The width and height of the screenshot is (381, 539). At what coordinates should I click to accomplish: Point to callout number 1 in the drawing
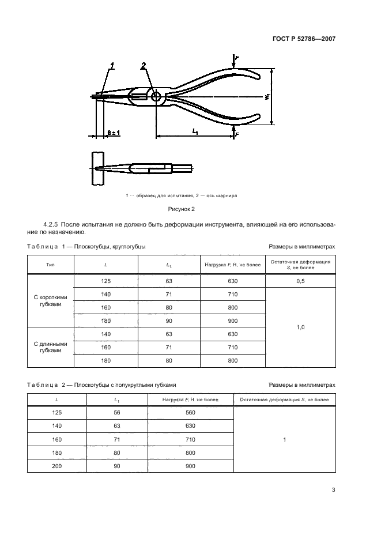click(x=113, y=66)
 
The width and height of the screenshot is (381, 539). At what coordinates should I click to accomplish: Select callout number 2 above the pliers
click(x=144, y=66)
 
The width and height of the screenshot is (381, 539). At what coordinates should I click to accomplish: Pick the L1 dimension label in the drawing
click(x=195, y=132)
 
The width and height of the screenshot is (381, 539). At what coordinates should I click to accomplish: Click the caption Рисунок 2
click(x=182, y=209)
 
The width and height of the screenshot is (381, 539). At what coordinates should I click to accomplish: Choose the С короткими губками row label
click(x=51, y=301)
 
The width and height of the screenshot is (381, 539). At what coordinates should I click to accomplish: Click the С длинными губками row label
click(x=51, y=347)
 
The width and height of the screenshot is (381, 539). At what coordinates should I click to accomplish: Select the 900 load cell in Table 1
click(x=232, y=321)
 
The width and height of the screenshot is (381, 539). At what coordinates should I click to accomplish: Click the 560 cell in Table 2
click(x=190, y=413)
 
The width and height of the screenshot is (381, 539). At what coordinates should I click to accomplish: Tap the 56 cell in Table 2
click(x=118, y=413)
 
